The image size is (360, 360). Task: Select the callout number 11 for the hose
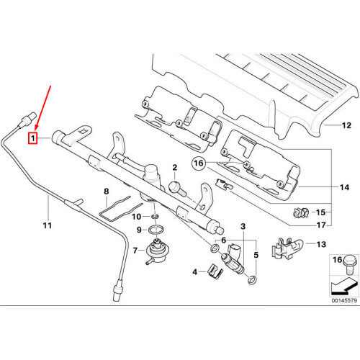[x=48, y=226]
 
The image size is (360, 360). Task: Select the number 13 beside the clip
[x=321, y=245]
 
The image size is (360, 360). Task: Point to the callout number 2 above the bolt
[x=174, y=168]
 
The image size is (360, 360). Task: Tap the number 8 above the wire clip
[x=107, y=192]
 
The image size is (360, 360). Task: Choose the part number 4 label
[x=174, y=271]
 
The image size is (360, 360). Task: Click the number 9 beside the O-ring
[x=140, y=230]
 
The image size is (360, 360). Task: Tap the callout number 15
[x=321, y=212]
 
